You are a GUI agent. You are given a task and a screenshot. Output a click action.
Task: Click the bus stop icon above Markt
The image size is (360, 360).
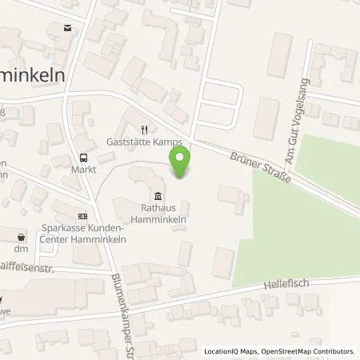[82, 157]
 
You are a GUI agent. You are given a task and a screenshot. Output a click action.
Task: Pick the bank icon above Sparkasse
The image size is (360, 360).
[82, 216]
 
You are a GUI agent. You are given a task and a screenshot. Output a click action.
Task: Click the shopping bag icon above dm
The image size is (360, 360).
[22, 236]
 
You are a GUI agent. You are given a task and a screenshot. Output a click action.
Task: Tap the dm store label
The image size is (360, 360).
[22, 249]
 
